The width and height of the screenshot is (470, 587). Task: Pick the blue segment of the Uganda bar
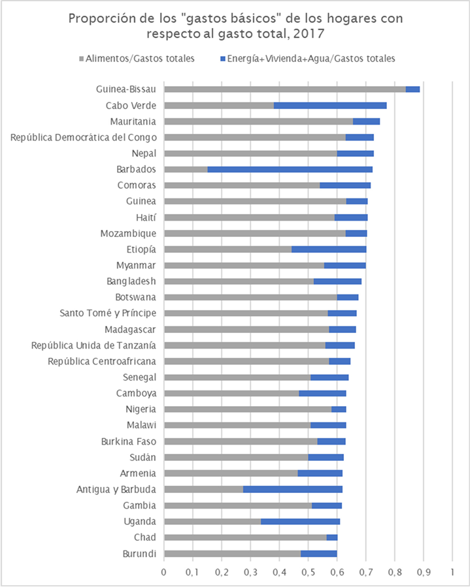coord(300,521)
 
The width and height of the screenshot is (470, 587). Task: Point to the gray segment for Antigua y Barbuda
coord(203,489)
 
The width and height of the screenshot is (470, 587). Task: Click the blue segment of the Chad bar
coord(332,537)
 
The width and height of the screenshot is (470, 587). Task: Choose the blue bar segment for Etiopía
coord(329,249)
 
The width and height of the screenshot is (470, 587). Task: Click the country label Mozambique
coord(128,233)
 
